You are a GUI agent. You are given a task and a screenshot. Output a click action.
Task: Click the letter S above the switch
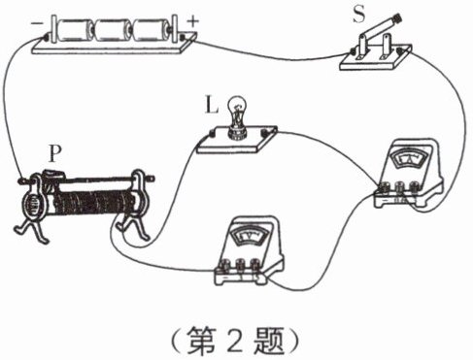358,15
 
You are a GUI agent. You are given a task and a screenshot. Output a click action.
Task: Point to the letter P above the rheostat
55,154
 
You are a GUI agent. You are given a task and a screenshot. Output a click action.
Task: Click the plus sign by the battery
193,21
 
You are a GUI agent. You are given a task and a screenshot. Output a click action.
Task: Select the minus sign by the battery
36,23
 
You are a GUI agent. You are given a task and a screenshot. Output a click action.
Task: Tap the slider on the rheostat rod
53,176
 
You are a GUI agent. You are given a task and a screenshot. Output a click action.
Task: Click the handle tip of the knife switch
397,18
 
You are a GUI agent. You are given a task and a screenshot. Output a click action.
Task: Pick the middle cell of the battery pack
111,30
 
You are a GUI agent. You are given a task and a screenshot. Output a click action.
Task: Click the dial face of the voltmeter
249,236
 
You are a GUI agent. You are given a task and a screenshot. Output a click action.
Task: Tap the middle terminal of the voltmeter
240,264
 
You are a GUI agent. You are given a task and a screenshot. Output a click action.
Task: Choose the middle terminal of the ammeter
399,187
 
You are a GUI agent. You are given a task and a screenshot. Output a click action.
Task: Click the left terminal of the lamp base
212,133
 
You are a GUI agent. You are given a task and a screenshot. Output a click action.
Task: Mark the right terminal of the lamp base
266,133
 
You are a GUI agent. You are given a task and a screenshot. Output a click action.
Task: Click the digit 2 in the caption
235,341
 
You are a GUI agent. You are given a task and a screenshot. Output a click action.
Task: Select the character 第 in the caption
201,341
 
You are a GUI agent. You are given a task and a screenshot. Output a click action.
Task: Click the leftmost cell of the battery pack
74,30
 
